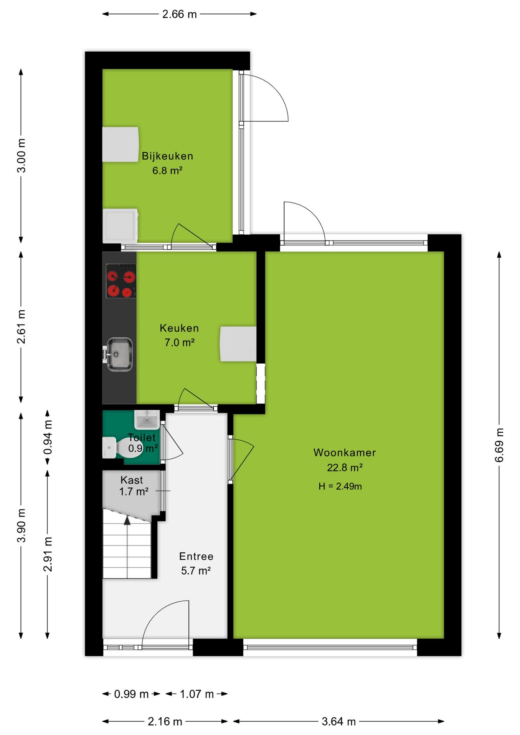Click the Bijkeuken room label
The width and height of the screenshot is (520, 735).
coord(167,156)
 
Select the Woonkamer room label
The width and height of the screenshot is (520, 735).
coord(345,452)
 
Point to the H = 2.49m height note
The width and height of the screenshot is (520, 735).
coord(340,486)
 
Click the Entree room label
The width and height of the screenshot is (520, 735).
coord(196,556)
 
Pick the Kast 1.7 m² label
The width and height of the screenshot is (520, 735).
coord(134,485)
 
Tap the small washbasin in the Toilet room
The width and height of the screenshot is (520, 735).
coord(147,420)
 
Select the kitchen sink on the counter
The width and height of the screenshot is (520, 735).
coord(119,354)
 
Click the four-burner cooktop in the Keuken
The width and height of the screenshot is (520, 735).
coord(121,281)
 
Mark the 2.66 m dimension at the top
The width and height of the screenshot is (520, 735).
coord(179,14)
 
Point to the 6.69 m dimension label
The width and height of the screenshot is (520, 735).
coord(499,445)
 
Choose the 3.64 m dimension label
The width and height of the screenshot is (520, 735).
coord(338,722)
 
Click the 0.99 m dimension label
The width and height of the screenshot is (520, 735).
coord(131,694)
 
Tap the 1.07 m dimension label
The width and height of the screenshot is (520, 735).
coord(197,694)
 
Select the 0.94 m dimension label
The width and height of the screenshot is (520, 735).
coord(47,438)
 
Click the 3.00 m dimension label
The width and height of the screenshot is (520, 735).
coord(21,156)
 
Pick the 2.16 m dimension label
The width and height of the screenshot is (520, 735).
coord(165,722)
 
